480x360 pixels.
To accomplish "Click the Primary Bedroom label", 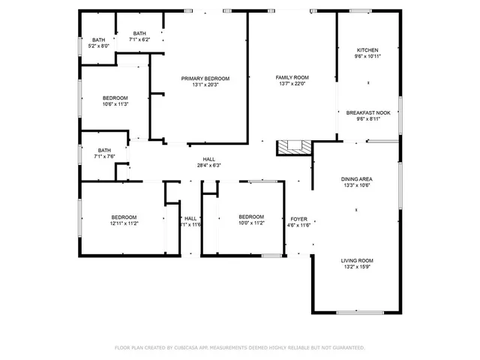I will pyautogui.click(x=205, y=78).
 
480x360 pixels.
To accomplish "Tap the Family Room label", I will pyautogui.click(x=292, y=78).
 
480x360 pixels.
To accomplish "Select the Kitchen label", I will pyautogui.click(x=367, y=50).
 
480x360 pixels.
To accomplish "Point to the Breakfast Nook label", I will pyautogui.click(x=367, y=112).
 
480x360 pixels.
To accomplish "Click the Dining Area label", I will pyautogui.click(x=357, y=178).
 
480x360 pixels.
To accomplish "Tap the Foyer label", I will pyautogui.click(x=299, y=219).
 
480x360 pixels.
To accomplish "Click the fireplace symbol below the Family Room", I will pyautogui.click(x=292, y=148).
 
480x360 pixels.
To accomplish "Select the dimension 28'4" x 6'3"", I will pyautogui.click(x=208, y=165).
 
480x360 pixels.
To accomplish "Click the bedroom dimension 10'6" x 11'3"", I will pyautogui.click(x=115, y=104).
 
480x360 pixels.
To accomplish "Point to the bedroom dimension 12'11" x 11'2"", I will pyautogui.click(x=124, y=223).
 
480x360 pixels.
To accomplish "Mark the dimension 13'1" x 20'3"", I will pyautogui.click(x=205, y=85).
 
